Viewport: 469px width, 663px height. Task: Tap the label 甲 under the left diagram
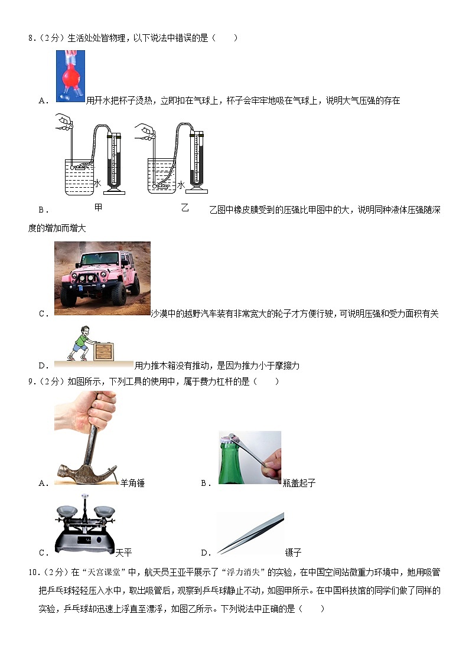click(98, 207)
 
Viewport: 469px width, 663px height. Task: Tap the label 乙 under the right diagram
click(185, 208)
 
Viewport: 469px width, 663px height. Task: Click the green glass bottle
click(230, 461)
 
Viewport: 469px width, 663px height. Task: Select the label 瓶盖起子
click(299, 483)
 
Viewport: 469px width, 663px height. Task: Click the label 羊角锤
click(132, 483)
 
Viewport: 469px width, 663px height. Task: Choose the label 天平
click(123, 553)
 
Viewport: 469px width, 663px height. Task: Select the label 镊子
click(293, 553)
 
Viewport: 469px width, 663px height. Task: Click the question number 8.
click(31, 38)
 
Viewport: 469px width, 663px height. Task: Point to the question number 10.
click(32, 573)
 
